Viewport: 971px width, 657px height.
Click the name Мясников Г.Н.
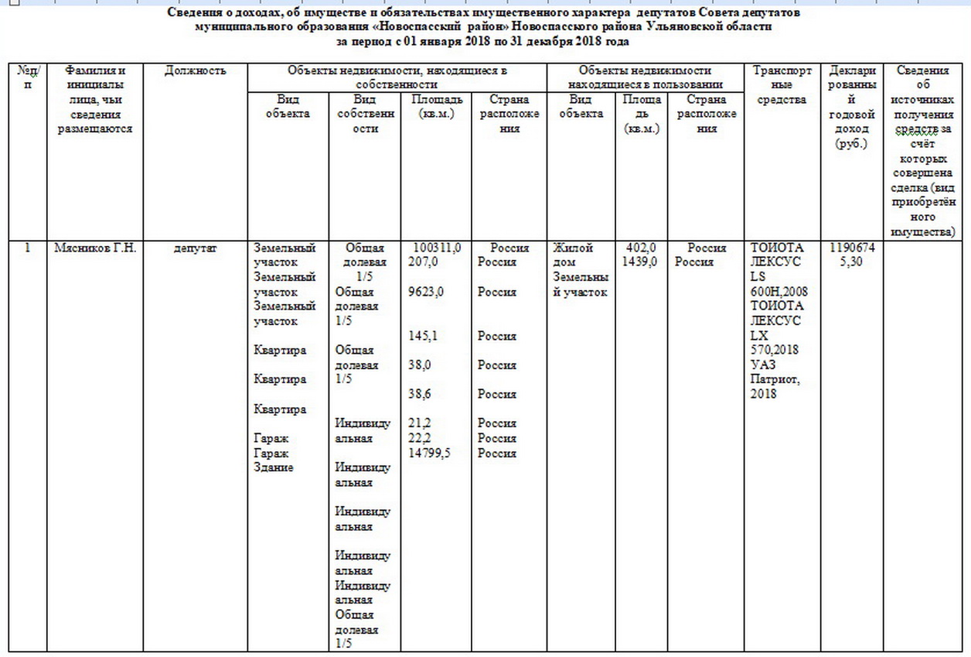(x=95, y=248)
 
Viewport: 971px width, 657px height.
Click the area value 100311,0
(x=437, y=248)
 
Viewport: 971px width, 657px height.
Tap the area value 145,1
(x=422, y=337)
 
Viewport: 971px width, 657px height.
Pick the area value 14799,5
(x=429, y=453)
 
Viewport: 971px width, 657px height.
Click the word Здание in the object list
(x=273, y=467)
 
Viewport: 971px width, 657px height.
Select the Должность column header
(x=195, y=71)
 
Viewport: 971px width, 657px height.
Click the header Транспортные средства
(x=782, y=85)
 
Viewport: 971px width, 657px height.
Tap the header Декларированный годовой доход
(x=851, y=107)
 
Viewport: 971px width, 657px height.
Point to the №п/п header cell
(x=27, y=77)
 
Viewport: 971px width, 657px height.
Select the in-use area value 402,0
(x=641, y=248)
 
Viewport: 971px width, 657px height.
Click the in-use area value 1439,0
(x=641, y=262)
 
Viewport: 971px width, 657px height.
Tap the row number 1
(x=28, y=248)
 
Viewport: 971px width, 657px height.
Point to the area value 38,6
(x=420, y=395)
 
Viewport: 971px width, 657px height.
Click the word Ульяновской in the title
(x=682, y=26)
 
